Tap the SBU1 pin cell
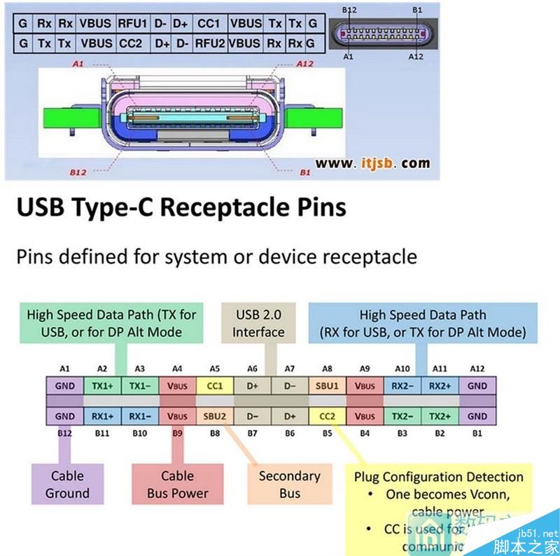coord(323,385)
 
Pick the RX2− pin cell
coord(401,385)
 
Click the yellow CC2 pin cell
coord(327,415)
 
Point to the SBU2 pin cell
coord(215,415)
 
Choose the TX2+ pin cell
coord(440,415)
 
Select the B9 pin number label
coord(178,432)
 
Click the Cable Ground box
coord(67,484)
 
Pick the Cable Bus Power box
coord(177,484)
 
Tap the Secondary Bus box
coord(289,484)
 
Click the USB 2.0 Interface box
coord(258,324)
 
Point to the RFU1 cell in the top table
coord(132,23)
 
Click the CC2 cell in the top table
coord(131,43)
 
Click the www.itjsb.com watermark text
coord(372,162)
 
